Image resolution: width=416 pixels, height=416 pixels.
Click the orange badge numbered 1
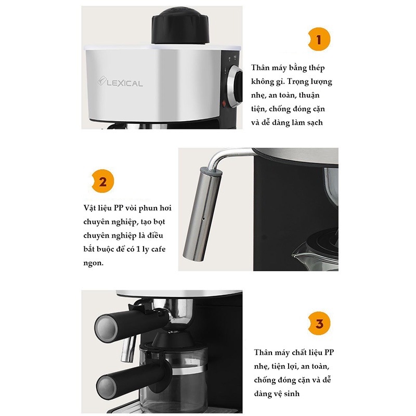[319, 40]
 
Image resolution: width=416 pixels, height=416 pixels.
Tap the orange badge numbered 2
[102, 181]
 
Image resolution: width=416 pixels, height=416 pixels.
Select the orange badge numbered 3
[319, 323]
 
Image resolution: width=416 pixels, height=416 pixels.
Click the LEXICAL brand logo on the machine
[120, 82]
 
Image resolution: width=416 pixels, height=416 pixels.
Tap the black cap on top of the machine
[180, 25]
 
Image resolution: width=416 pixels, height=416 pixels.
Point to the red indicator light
[224, 103]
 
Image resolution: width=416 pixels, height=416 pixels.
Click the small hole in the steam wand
[203, 219]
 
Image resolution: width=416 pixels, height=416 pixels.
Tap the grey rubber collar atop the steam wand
[211, 172]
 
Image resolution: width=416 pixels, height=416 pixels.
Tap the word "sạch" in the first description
[315, 123]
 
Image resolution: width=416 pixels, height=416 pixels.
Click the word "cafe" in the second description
[159, 249]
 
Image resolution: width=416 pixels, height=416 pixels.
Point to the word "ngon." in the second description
[94, 264]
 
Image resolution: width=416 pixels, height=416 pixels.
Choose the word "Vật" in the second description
[89, 207]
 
